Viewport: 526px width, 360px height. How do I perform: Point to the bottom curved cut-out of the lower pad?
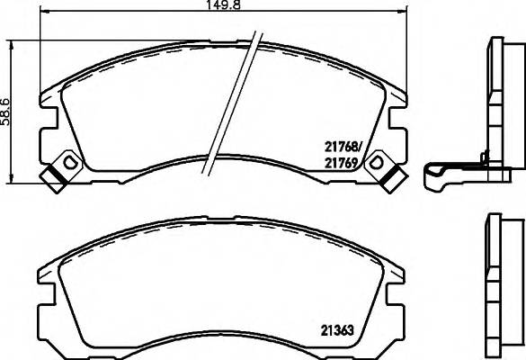tap(225, 335)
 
